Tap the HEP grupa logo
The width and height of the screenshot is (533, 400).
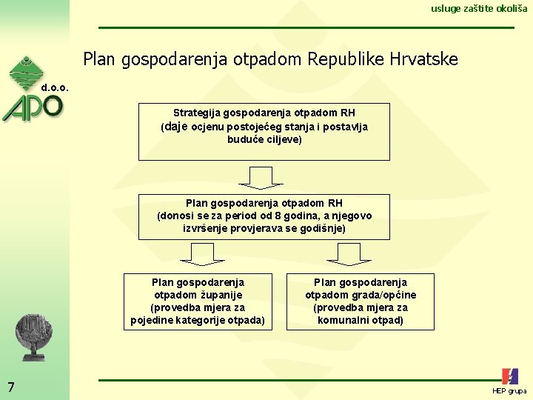click(509, 380)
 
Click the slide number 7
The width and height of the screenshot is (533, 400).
click(10, 386)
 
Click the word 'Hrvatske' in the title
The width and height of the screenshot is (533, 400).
click(426, 59)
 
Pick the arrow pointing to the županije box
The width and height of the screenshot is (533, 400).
click(202, 254)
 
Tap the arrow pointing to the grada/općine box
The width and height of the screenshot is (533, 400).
click(349, 254)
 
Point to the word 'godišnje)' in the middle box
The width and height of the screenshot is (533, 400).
click(323, 228)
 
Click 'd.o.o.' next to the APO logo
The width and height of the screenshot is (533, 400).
click(56, 87)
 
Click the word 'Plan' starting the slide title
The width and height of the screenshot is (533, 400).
click(99, 59)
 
